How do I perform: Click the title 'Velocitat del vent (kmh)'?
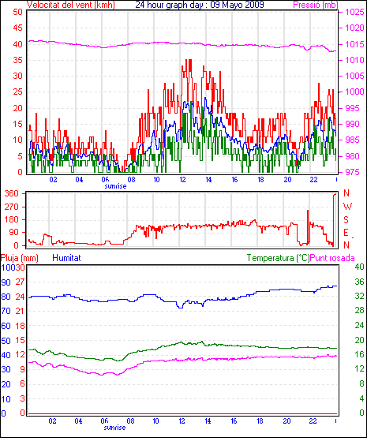point(71,5)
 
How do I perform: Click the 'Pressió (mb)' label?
point(316,5)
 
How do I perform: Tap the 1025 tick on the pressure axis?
point(355,12)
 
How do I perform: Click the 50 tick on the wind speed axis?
point(17,12)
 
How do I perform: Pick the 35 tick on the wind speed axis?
point(17,60)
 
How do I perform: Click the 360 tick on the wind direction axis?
point(11,193)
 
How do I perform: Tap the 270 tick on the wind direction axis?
point(11,207)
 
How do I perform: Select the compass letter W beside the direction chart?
point(347,207)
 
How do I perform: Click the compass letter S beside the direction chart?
point(346,219)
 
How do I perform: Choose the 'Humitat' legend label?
point(67,258)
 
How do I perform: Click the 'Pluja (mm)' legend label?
point(20,258)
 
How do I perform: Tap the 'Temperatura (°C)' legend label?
point(278,258)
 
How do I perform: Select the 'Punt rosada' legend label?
point(332,258)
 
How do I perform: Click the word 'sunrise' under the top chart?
point(115,186)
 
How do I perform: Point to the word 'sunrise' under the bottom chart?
point(114,428)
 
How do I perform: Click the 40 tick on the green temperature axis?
point(359,267)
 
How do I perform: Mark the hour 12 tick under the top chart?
point(182,179)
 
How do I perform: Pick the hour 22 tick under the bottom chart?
point(313,421)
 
